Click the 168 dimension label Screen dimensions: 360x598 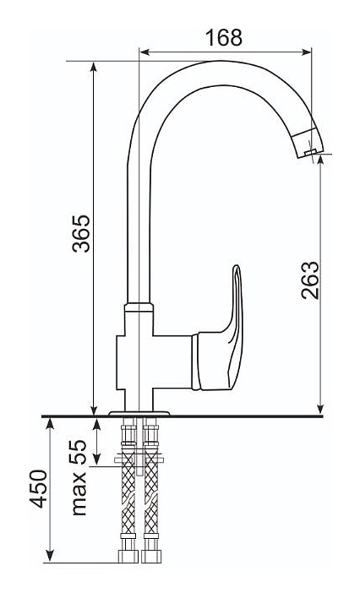point(224,37)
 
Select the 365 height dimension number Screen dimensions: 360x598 point(81,233)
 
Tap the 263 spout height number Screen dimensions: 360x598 point(309,280)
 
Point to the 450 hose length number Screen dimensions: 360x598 point(40,488)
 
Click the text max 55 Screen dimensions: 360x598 point(79,478)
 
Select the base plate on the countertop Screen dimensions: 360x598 point(139,413)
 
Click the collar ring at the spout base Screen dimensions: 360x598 point(139,307)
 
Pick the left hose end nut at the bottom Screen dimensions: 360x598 point(128,556)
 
